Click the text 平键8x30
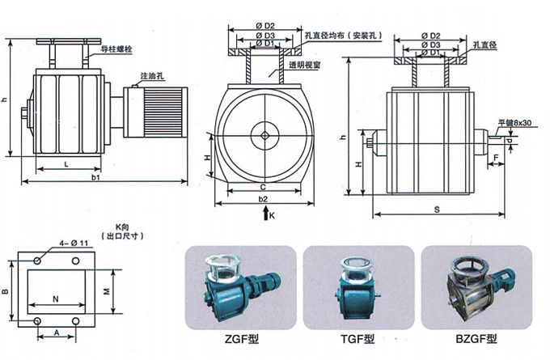[514, 122]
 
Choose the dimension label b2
[262, 198]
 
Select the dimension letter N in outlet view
[55, 299]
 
